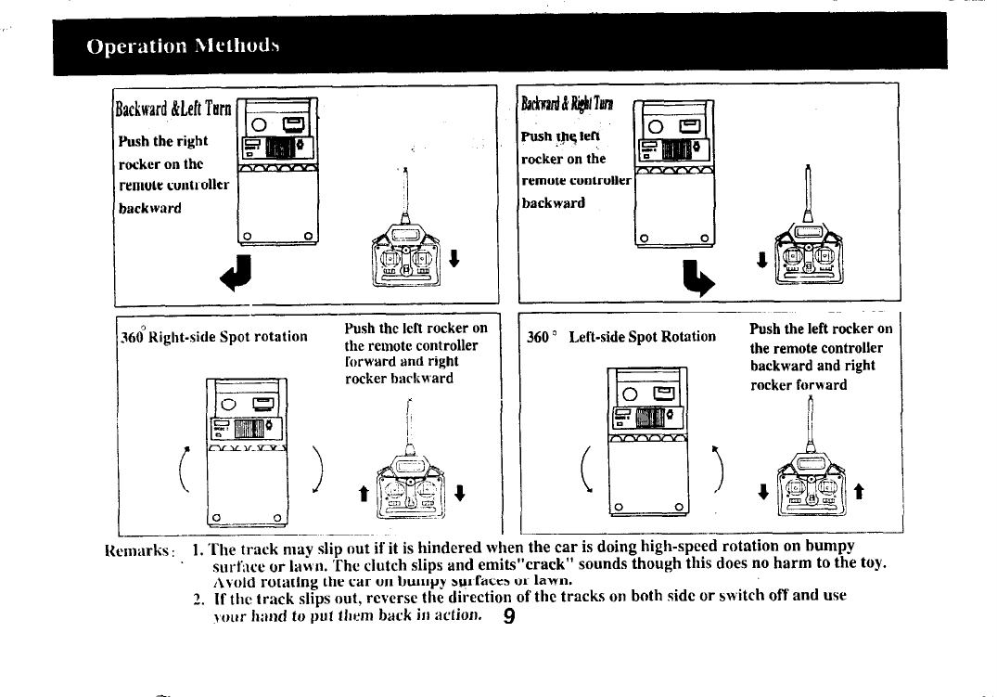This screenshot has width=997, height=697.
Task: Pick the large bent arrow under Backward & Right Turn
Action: [x=696, y=275]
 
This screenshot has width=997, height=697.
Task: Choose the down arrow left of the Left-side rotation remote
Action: [x=762, y=492]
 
